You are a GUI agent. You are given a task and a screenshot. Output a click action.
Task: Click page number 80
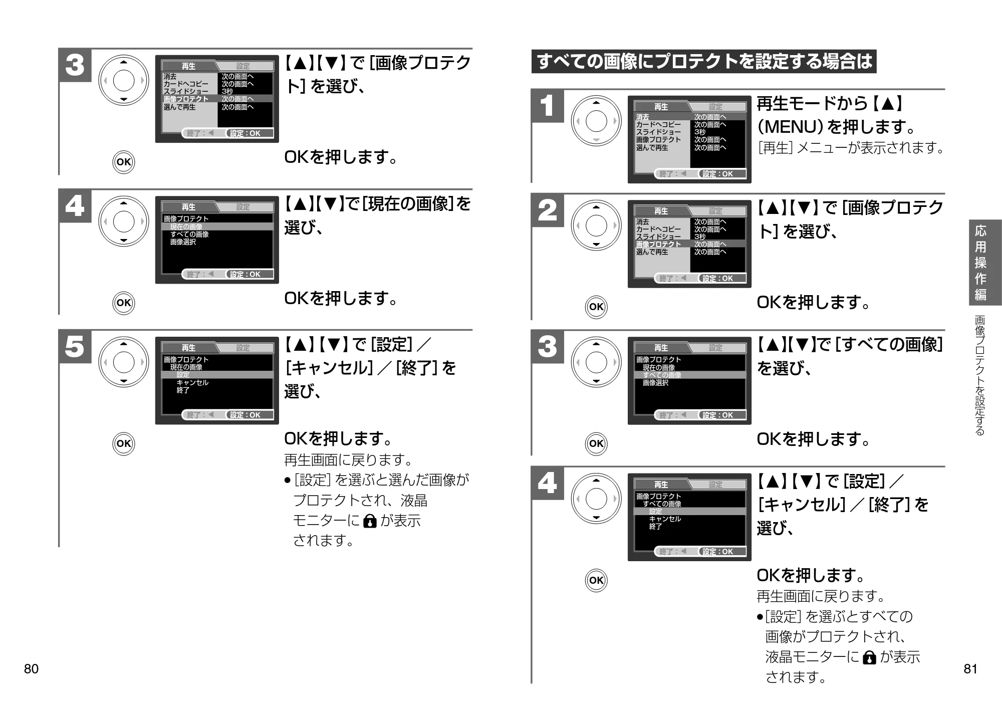coord(31,669)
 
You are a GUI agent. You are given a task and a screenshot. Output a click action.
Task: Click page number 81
coord(970,669)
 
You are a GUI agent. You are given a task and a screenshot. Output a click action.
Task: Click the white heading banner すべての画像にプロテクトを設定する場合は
coord(704,62)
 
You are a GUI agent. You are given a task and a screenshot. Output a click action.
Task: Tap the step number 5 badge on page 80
coord(75,346)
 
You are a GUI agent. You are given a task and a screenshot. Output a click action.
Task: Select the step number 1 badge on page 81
coord(547,106)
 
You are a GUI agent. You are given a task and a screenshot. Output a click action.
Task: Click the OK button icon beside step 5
coord(123,443)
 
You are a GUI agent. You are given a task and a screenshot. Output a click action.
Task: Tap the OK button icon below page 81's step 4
coord(596,580)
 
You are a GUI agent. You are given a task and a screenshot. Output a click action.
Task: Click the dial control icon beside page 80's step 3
coord(123,80)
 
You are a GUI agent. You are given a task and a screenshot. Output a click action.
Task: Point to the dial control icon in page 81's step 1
coord(596,121)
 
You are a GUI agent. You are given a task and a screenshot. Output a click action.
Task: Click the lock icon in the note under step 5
coord(369,522)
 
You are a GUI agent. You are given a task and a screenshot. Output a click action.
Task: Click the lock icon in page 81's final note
coord(870,657)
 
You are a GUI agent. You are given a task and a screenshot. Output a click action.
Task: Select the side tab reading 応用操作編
coord(980,263)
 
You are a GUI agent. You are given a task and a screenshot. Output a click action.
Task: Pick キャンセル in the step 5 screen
coord(192,382)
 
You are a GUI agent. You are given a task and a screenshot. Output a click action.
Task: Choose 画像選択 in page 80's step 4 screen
coord(183,242)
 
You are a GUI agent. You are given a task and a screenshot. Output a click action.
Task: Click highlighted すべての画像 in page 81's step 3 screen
coord(662,375)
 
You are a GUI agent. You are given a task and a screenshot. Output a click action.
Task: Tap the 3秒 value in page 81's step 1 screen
coord(700,132)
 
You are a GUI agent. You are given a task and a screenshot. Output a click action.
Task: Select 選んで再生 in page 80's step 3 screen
coord(179,107)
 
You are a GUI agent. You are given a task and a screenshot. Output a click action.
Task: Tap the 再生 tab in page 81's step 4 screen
coord(661,485)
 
